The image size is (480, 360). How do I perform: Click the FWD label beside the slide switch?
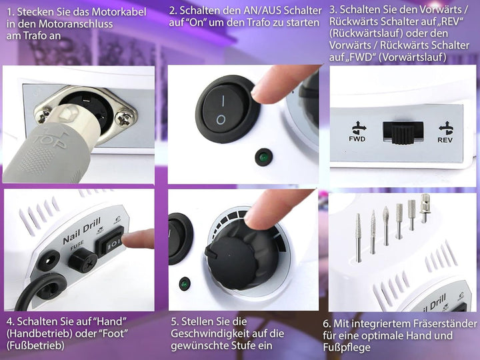click(x=357, y=139)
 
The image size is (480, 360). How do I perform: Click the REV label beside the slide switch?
click(x=445, y=140)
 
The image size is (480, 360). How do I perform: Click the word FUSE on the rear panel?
click(x=77, y=245)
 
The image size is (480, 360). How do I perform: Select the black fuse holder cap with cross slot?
click(x=82, y=260)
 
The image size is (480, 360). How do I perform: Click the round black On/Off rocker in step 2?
click(x=226, y=109)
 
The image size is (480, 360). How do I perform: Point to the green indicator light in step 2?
click(x=263, y=157)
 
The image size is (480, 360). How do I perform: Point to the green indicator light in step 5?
click(x=184, y=285)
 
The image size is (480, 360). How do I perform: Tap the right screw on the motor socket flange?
click(x=124, y=119)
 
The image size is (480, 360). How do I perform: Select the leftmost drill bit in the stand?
click(x=359, y=238)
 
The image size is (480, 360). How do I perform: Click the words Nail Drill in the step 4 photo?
click(x=82, y=231)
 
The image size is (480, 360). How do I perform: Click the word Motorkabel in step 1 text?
click(x=119, y=12)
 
